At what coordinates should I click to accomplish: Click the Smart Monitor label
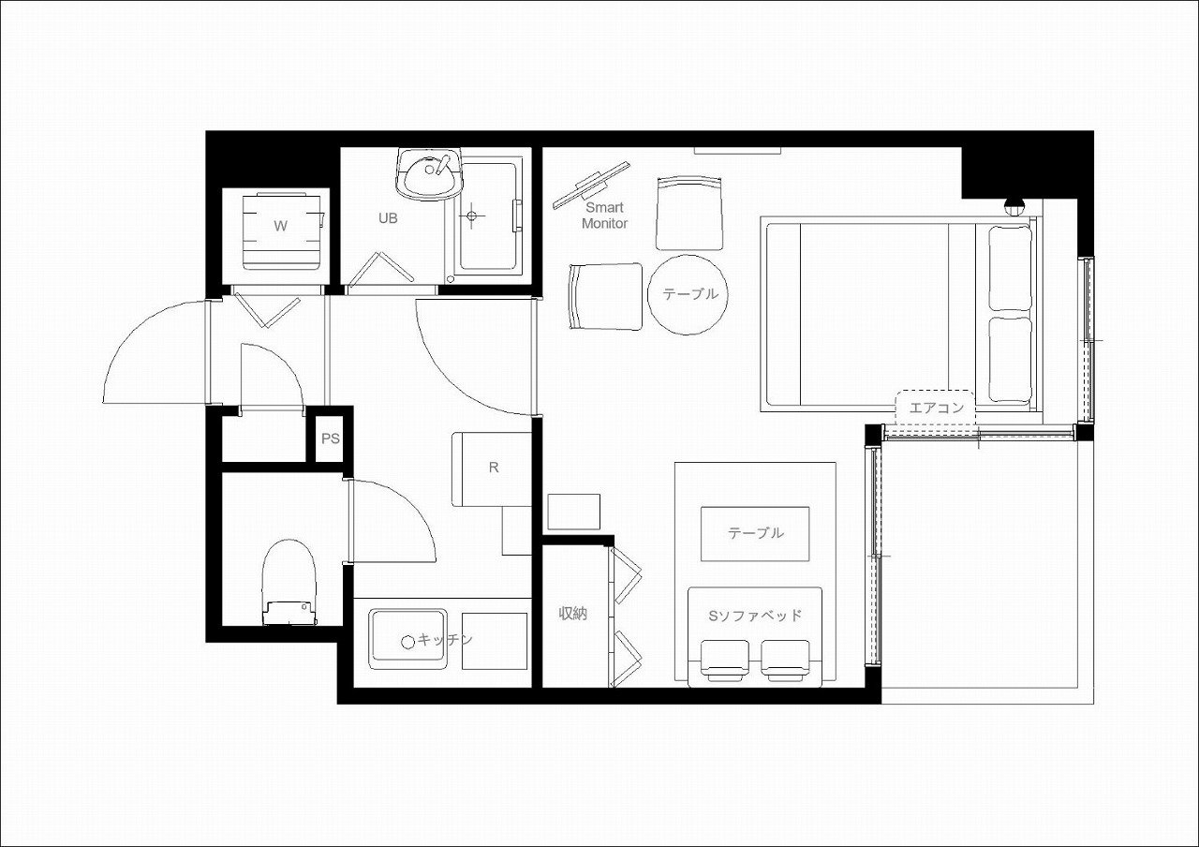tap(604, 215)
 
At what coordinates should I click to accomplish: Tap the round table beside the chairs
tap(688, 295)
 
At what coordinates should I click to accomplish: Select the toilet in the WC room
tap(289, 583)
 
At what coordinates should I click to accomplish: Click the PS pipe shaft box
tap(331, 438)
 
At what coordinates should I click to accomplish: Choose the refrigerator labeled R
tap(492, 469)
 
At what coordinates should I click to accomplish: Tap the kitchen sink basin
tap(407, 639)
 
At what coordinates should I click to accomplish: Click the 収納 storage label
tap(572, 614)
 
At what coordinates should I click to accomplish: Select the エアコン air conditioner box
tap(936, 408)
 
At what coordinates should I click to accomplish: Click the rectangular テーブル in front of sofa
tap(755, 534)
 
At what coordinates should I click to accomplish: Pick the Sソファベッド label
tap(755, 616)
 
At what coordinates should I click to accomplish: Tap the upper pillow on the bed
tap(1010, 268)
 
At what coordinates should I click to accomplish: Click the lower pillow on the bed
tap(1010, 360)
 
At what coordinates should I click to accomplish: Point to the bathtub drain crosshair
tap(471, 215)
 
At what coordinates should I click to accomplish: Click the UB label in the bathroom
tap(388, 218)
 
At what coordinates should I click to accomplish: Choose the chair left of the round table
tap(605, 296)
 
